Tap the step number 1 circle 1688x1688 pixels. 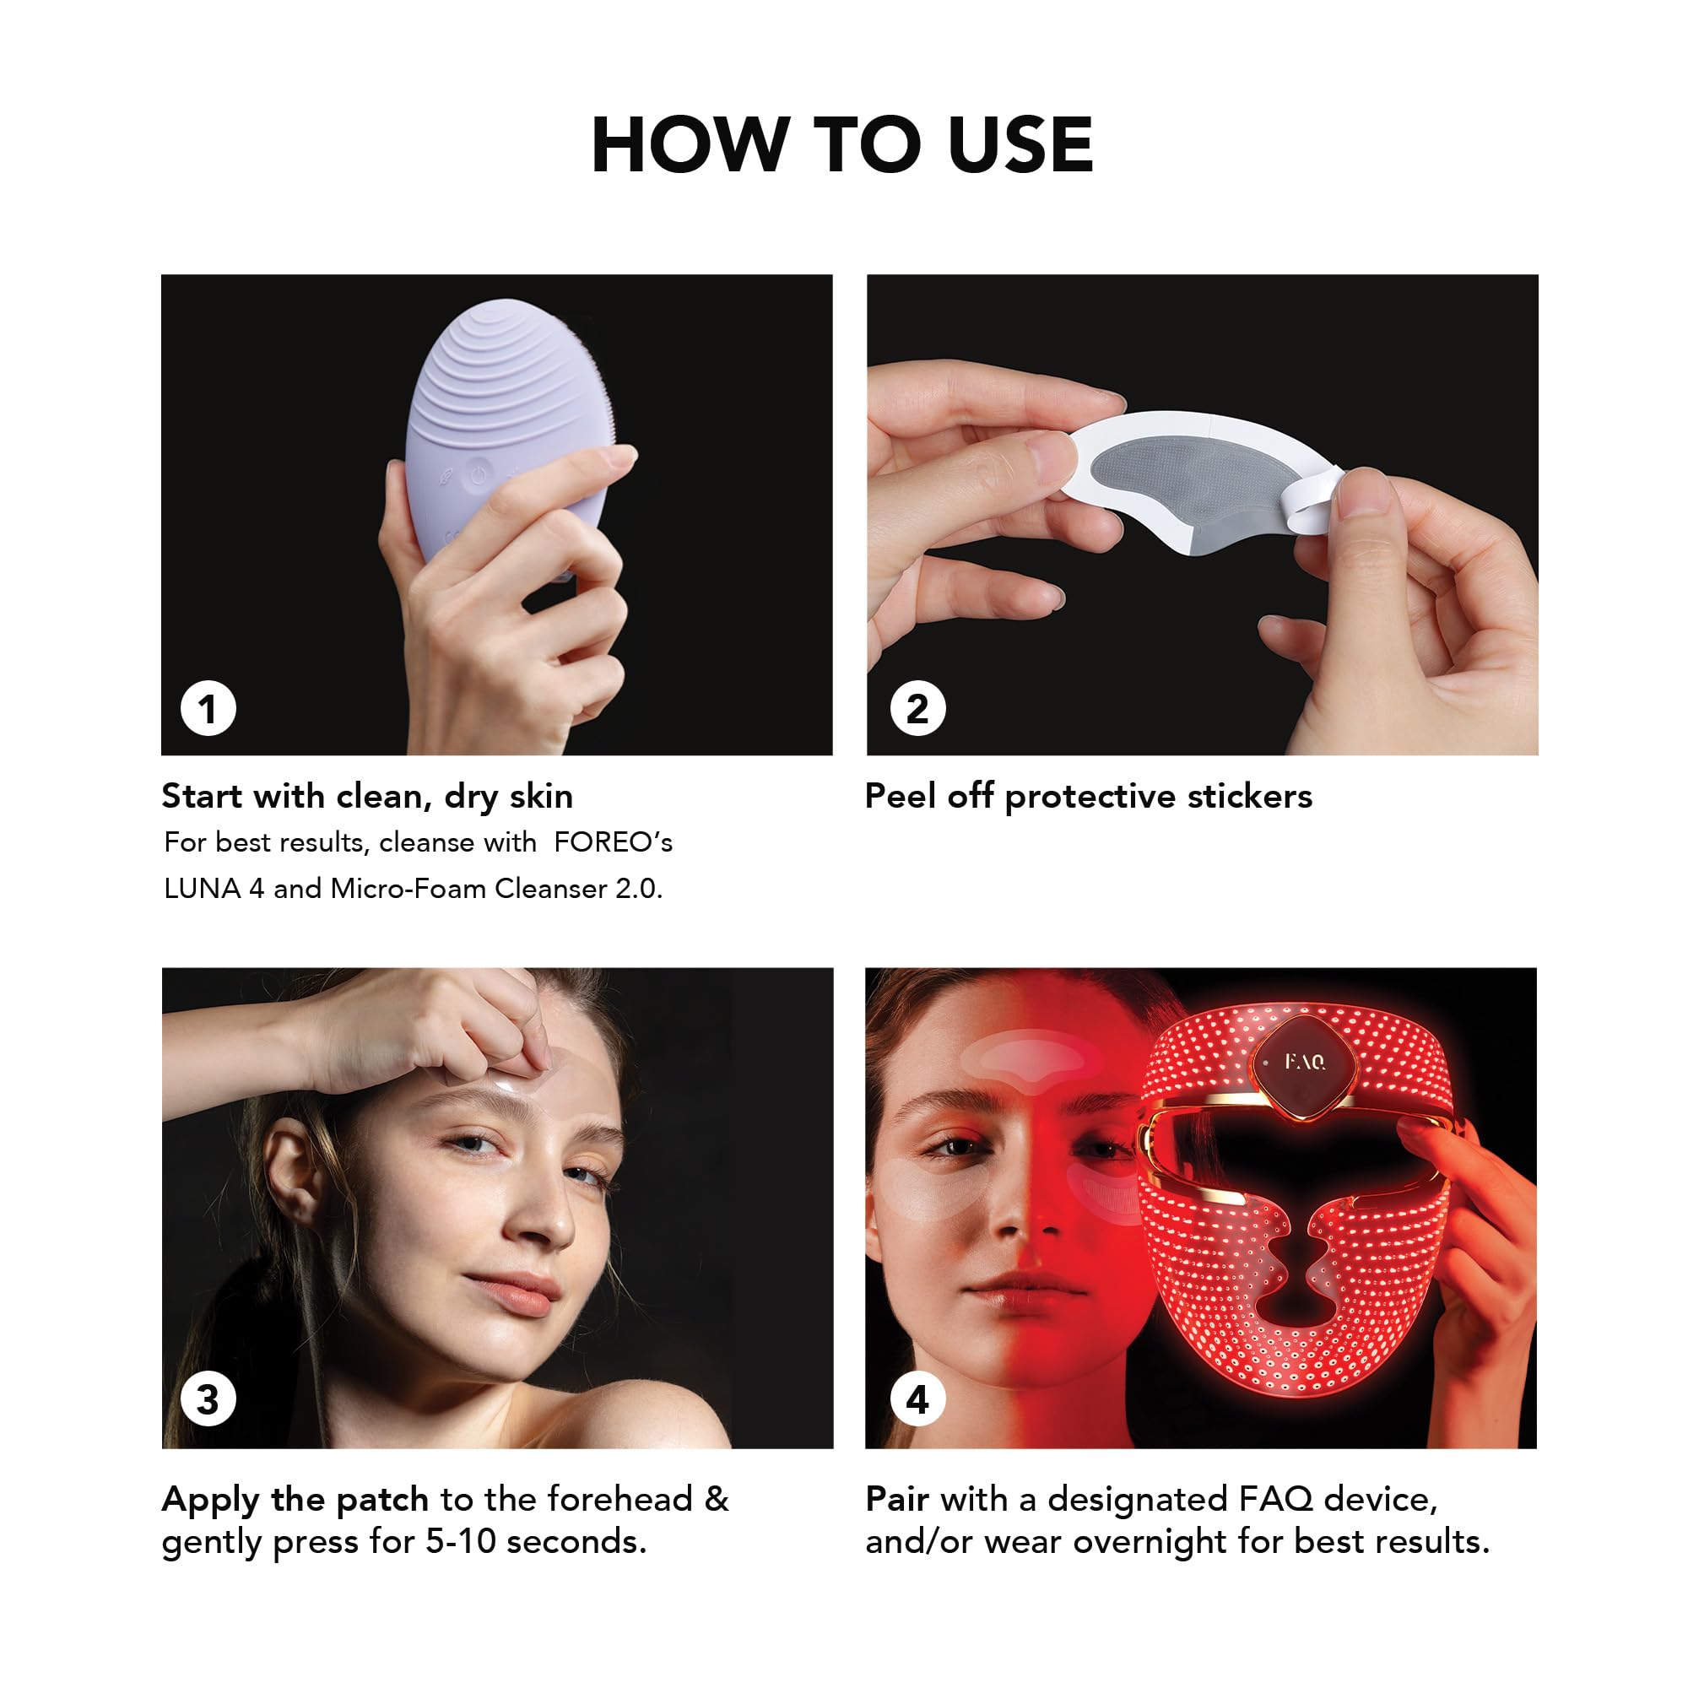(x=208, y=709)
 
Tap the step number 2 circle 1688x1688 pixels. (x=917, y=709)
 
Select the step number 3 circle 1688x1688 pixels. (x=208, y=1399)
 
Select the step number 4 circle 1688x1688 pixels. (x=917, y=1399)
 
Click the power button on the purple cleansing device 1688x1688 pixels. (x=477, y=475)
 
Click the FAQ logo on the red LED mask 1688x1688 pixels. (x=1306, y=1062)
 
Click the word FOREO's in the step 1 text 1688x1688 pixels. (x=614, y=842)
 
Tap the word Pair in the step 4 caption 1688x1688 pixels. (x=896, y=1499)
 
